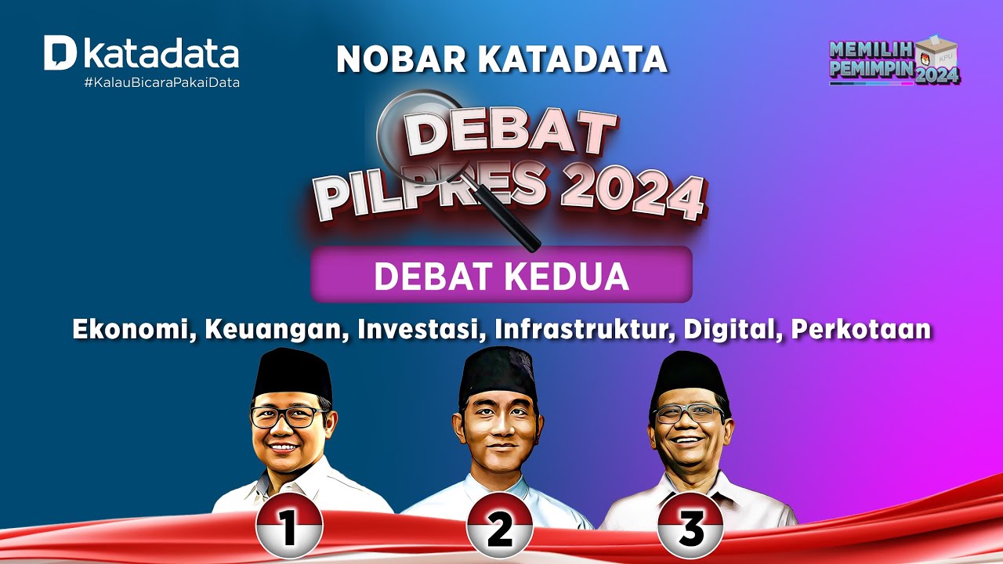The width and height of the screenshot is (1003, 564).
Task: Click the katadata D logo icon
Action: pyautogui.click(x=60, y=53)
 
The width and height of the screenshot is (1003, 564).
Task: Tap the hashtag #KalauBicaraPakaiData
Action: pyautogui.click(x=161, y=82)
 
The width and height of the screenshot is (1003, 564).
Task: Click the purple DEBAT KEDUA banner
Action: pyautogui.click(x=501, y=275)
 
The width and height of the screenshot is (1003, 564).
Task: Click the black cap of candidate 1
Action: pyautogui.click(x=293, y=374)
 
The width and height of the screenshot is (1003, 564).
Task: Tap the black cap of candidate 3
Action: pyautogui.click(x=690, y=377)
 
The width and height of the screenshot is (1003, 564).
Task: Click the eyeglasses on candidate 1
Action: pyautogui.click(x=288, y=416)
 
